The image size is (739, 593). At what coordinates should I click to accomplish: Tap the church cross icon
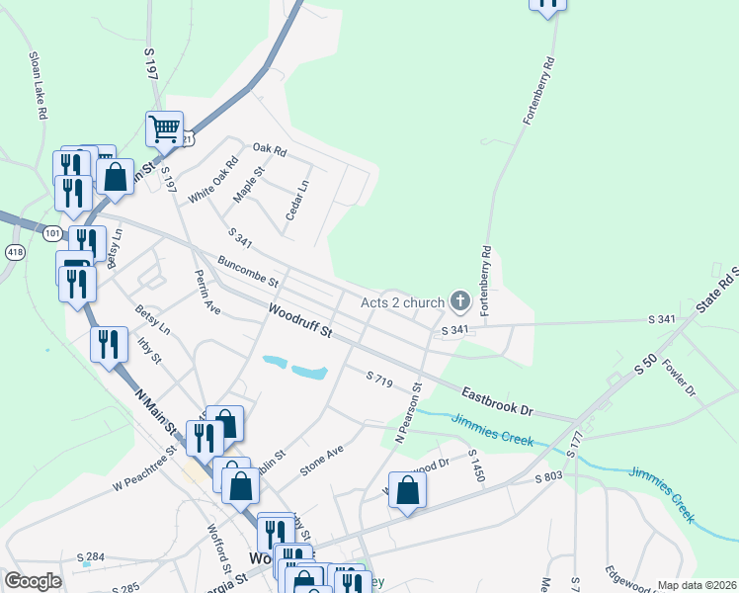tap(459, 299)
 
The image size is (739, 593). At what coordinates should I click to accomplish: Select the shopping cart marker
tap(164, 127)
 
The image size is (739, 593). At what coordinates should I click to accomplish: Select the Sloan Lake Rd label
tap(38, 85)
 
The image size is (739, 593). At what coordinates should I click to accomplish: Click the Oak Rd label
tap(269, 151)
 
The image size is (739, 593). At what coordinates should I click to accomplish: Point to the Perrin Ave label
tap(206, 292)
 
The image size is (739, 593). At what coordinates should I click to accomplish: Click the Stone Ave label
tap(321, 460)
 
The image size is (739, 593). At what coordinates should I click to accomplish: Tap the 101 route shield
tap(53, 233)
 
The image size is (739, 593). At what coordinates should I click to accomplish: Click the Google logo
tap(33, 580)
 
